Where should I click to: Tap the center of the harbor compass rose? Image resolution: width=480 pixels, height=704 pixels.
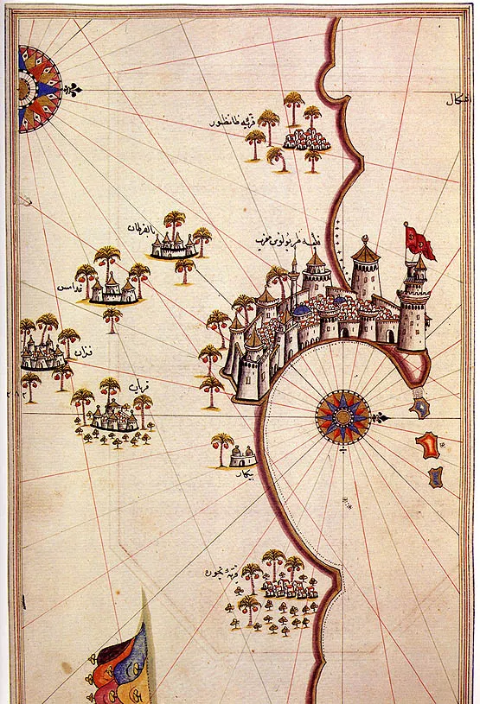[342, 415]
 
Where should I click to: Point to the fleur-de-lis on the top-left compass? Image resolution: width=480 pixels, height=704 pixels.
[76, 89]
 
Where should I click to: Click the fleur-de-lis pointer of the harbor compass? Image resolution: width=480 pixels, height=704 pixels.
[379, 418]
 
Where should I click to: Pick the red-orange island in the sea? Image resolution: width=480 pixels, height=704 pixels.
[426, 445]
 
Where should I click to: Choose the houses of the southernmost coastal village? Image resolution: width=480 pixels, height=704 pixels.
[289, 588]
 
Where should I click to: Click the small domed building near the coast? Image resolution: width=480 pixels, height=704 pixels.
[243, 457]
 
